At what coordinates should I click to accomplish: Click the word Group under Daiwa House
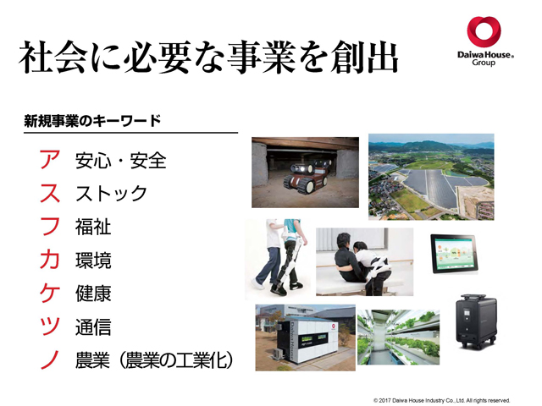click(484, 63)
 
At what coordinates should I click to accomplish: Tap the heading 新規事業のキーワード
click(92, 121)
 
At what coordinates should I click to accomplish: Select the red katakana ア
click(50, 160)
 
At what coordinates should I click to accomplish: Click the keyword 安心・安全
click(120, 161)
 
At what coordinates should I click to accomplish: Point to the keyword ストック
click(111, 194)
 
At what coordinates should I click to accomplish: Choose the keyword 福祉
click(93, 227)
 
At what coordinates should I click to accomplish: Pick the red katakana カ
click(50, 260)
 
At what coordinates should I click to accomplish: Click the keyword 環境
click(93, 261)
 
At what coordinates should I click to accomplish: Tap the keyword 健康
click(93, 294)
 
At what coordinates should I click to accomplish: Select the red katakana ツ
click(50, 326)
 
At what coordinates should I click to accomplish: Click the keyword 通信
click(93, 327)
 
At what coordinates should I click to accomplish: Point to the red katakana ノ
click(50, 359)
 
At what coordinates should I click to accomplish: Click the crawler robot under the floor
click(306, 176)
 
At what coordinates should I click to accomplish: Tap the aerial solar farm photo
click(431, 177)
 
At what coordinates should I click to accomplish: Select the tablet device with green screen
click(454, 254)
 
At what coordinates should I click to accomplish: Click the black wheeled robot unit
click(476, 321)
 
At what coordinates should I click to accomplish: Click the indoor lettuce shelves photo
click(398, 337)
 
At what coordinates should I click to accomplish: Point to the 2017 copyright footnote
click(442, 400)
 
